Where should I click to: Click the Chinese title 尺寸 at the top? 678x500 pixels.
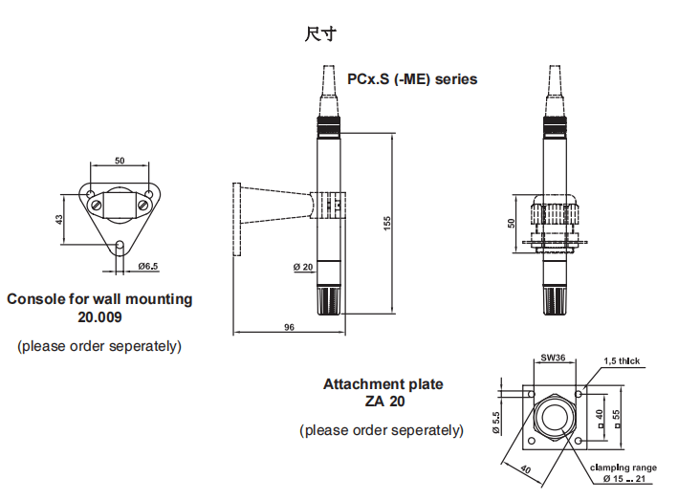[320, 34]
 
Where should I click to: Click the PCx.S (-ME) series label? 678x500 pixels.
[412, 79]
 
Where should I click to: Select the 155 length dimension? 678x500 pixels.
[387, 222]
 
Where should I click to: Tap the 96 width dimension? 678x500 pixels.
[290, 327]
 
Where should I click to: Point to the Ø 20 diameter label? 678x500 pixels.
[301, 267]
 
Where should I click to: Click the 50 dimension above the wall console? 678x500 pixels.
[120, 161]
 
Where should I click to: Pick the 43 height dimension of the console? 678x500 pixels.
[59, 219]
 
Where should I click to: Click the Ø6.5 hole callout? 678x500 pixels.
[148, 266]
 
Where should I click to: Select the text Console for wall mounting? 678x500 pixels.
[99, 299]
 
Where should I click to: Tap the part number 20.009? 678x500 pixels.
[99, 316]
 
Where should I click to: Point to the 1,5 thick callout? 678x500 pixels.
[622, 361]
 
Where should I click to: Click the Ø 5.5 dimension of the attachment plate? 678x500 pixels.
[496, 423]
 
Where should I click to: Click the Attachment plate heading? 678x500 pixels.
[383, 384]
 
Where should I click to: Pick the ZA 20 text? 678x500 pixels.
[383, 402]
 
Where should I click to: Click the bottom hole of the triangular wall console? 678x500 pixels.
[120, 246]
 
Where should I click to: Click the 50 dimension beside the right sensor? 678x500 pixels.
[512, 223]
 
